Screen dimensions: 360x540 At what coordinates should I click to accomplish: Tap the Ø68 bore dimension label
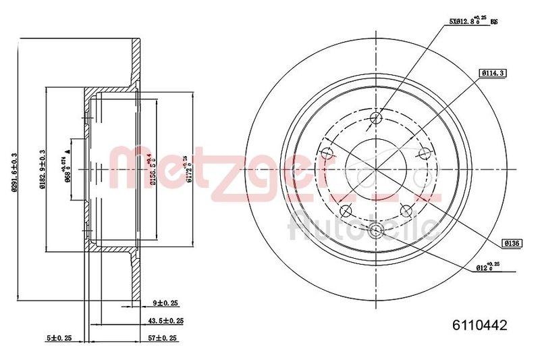click(67, 170)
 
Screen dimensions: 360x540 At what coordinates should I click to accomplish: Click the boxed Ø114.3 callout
click(491, 73)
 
